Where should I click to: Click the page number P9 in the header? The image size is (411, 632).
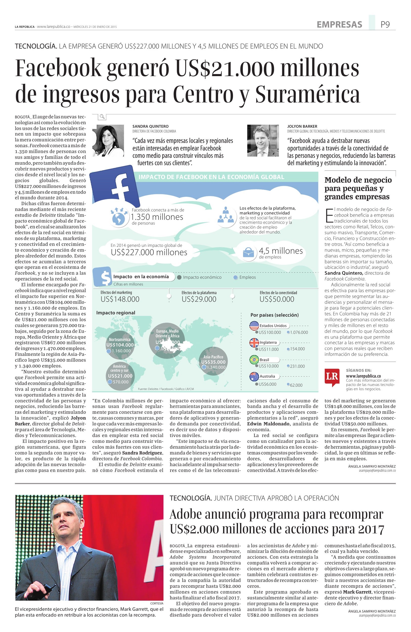385,25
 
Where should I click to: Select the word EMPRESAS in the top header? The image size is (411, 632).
339,25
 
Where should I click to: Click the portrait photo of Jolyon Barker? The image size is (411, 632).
263,140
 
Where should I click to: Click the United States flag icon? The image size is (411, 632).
254,325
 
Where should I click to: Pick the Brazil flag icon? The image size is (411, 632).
254,360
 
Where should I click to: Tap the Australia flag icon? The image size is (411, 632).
254,376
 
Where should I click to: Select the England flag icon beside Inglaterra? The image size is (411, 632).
254,343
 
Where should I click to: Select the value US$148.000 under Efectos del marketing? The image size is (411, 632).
120,299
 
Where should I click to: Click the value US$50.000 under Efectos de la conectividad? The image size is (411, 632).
277,299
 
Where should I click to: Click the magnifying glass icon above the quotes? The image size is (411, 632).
102,117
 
